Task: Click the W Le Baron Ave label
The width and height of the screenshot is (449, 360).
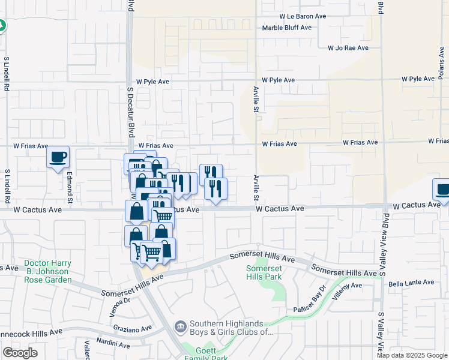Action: [x=303, y=16]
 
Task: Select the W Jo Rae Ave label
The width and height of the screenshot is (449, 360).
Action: [x=348, y=48]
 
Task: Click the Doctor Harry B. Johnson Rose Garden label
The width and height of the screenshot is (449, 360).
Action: [x=48, y=272]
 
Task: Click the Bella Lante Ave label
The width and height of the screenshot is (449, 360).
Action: [x=409, y=284]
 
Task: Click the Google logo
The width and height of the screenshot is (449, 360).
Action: [x=20, y=353]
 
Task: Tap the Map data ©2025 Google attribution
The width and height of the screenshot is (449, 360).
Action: [x=411, y=355]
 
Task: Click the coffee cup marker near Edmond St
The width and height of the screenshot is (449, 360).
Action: [x=58, y=157]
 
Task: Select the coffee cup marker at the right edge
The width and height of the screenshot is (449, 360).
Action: [x=442, y=190]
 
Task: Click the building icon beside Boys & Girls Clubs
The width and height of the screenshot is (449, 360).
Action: [x=179, y=327]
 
